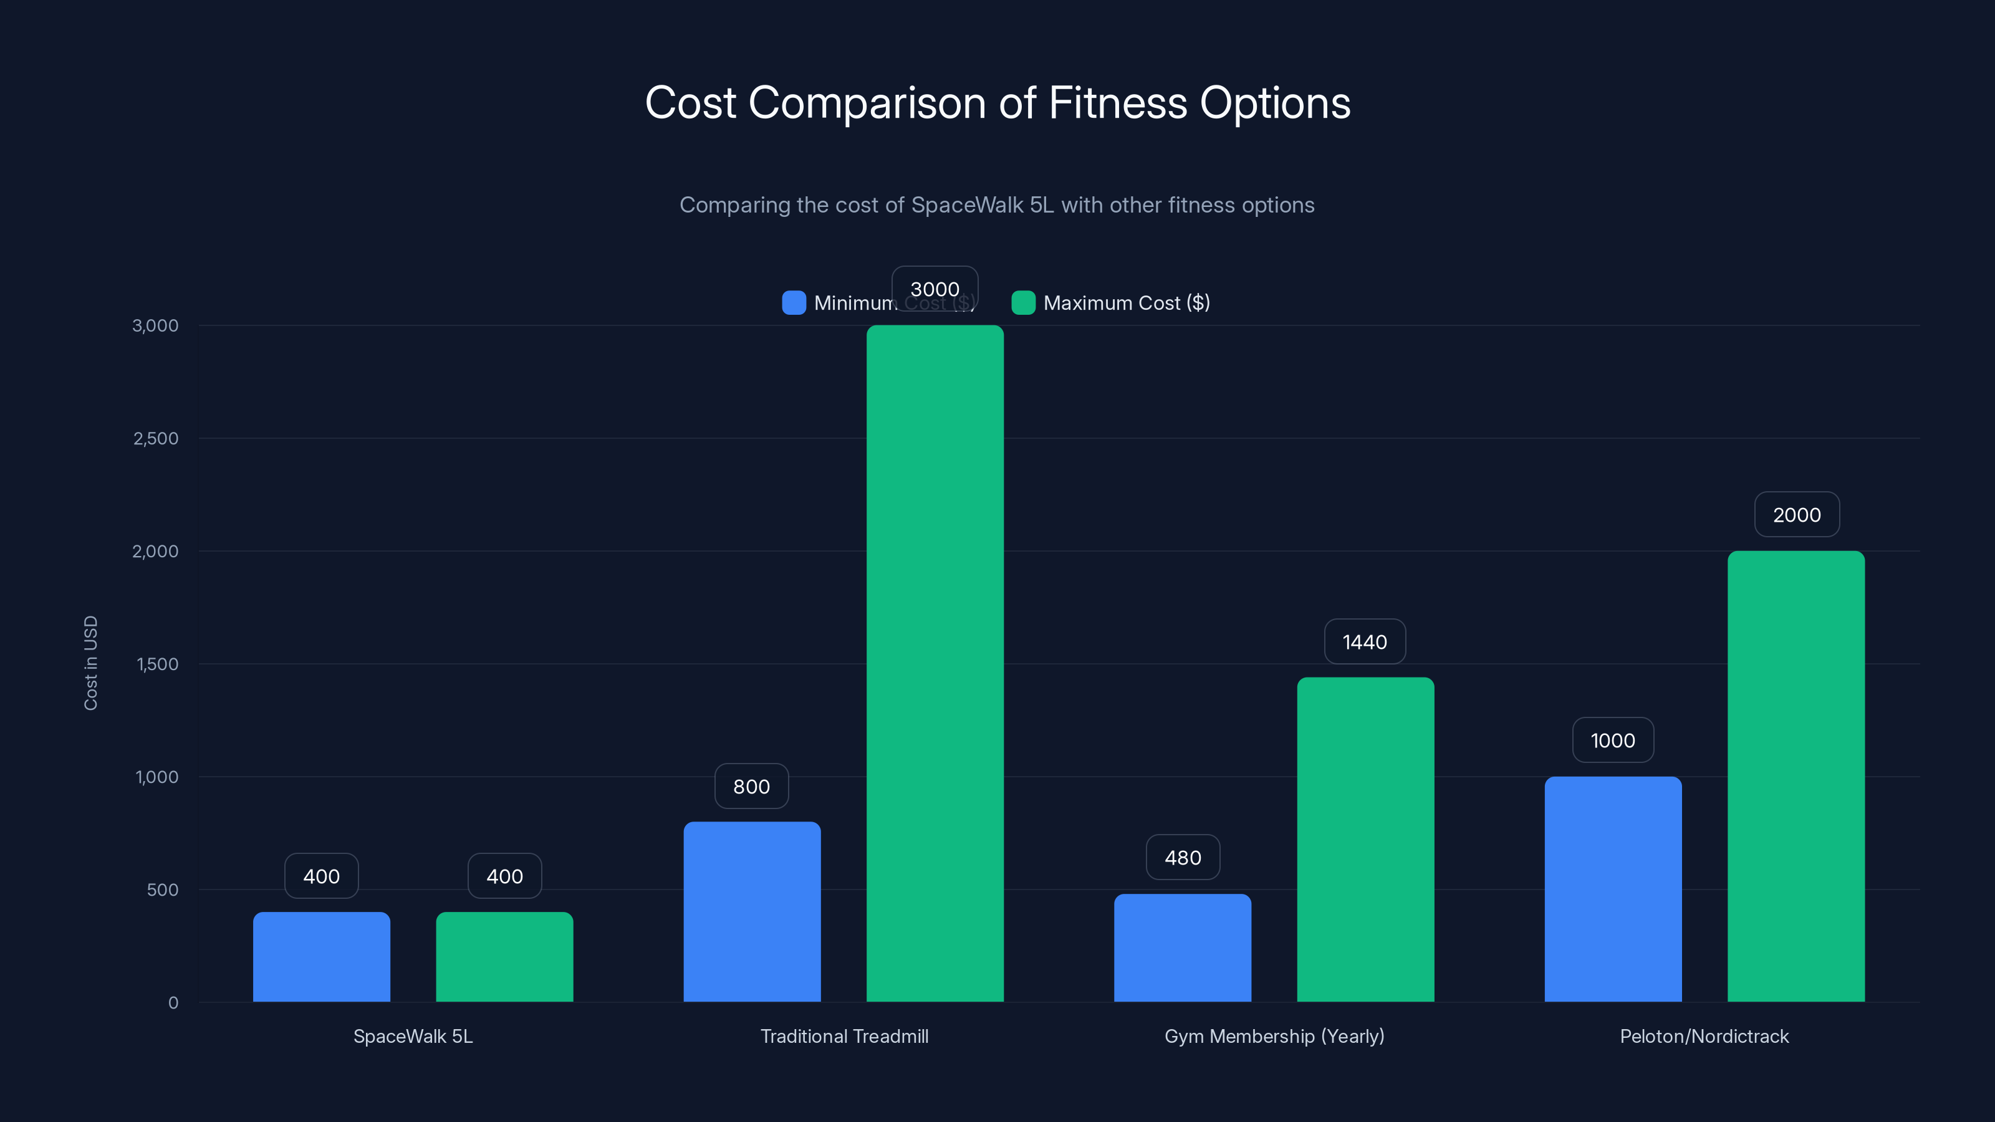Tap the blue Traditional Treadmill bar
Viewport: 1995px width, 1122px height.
tap(751, 911)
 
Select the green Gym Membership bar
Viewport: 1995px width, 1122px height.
tap(1365, 840)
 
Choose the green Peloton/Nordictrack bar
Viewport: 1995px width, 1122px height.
tap(1796, 776)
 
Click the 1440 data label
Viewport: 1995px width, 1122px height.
tap(1365, 642)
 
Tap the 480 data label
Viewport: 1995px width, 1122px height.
tap(1183, 857)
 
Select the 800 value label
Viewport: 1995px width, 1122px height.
tap(751, 786)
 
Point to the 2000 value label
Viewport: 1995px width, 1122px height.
tap(1797, 515)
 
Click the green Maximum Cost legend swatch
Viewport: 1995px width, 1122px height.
tap(1023, 303)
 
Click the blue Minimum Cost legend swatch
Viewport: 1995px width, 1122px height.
tap(794, 303)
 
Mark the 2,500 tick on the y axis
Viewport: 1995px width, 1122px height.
tap(156, 438)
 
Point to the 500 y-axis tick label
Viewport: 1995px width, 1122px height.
tap(162, 889)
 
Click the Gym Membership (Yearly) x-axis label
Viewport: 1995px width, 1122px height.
tap(1274, 1036)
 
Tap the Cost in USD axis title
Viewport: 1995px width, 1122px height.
tap(90, 663)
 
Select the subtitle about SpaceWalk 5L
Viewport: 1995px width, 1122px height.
tap(997, 205)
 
